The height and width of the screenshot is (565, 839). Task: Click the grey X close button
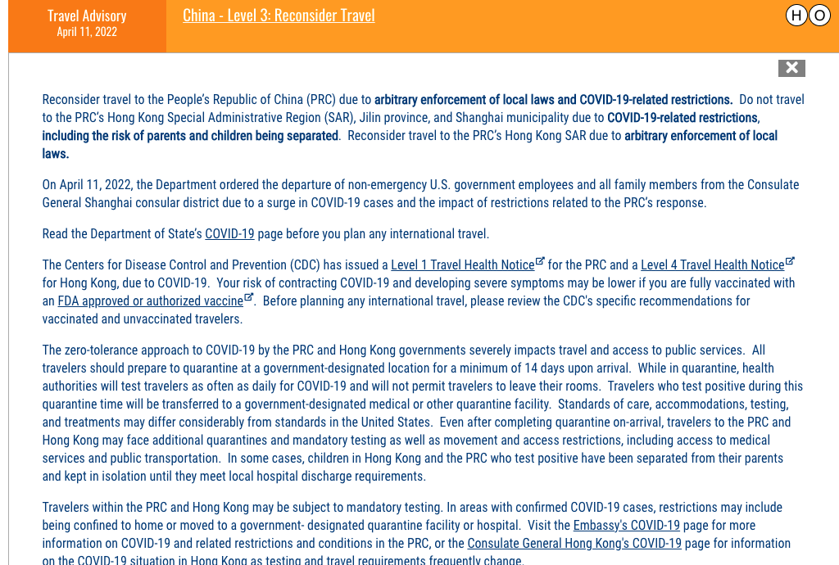pyautogui.click(x=791, y=68)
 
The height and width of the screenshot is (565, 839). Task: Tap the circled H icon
pyautogui.click(x=796, y=16)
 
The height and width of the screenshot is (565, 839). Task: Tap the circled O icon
pyautogui.click(x=819, y=16)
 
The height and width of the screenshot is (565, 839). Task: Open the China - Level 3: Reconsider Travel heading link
pyautogui.click(x=279, y=16)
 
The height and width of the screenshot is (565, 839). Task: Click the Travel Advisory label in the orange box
pyautogui.click(x=87, y=16)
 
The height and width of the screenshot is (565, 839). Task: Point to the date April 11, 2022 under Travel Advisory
pyautogui.click(x=87, y=32)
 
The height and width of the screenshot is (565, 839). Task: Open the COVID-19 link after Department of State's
pyautogui.click(x=229, y=234)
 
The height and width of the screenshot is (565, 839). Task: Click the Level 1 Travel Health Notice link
pyautogui.click(x=462, y=265)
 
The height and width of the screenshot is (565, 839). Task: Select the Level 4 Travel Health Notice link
pyautogui.click(x=712, y=265)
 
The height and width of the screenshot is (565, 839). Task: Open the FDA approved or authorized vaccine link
pyautogui.click(x=150, y=301)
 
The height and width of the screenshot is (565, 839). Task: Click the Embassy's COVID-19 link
pyautogui.click(x=626, y=526)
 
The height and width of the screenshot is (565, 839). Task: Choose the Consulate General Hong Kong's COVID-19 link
pyautogui.click(x=574, y=544)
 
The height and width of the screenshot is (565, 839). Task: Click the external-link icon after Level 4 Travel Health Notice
pyautogui.click(x=790, y=262)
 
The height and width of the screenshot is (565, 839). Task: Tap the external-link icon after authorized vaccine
pyautogui.click(x=249, y=298)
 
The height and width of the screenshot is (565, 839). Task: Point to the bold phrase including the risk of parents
pyautogui.click(x=190, y=136)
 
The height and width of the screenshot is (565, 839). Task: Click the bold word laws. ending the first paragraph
pyautogui.click(x=56, y=154)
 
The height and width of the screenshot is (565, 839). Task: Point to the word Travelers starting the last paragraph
pyautogui.click(x=70, y=508)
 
